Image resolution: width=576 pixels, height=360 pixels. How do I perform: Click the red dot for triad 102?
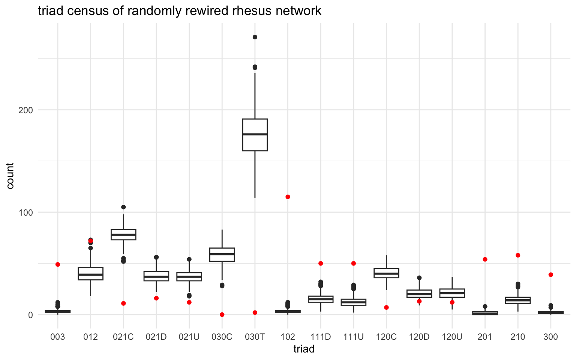(x=288, y=197)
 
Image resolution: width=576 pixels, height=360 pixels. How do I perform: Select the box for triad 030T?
(x=255, y=135)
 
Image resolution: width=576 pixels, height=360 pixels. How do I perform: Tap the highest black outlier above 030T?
(x=255, y=37)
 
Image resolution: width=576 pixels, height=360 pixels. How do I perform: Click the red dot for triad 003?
(x=58, y=264)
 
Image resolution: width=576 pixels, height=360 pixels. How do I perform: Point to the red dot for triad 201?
(x=485, y=259)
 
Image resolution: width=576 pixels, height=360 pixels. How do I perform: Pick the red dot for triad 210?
(x=518, y=255)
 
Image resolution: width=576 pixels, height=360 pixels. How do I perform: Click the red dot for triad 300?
(x=550, y=274)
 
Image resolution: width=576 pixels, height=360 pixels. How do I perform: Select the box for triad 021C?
(x=123, y=234)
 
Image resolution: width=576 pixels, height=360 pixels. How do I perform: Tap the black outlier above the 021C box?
(x=123, y=207)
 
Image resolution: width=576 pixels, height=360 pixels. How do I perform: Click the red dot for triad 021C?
(x=123, y=303)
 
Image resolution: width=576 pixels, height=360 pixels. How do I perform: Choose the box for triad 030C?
(x=222, y=254)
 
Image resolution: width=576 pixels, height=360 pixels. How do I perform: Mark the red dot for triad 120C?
(x=386, y=307)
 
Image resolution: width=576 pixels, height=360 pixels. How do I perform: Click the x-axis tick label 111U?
(x=353, y=337)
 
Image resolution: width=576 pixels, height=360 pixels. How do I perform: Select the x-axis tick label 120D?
(x=419, y=337)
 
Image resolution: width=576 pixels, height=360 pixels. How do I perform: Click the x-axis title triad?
(x=304, y=349)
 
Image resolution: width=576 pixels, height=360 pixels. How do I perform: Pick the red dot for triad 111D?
(x=321, y=263)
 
